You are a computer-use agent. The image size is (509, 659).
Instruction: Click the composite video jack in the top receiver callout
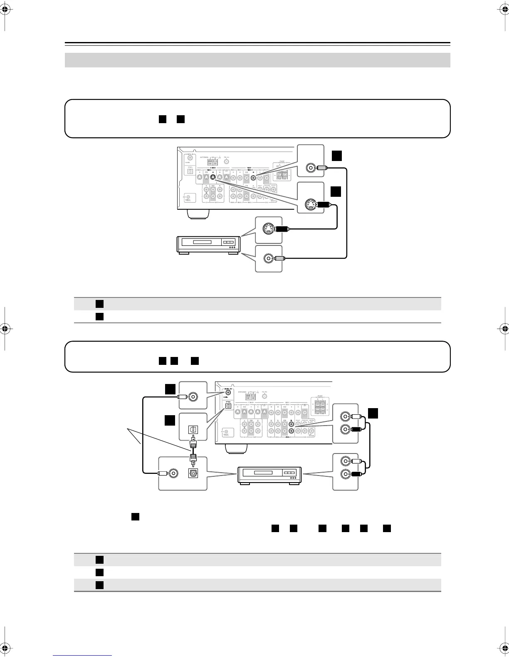coord(310,168)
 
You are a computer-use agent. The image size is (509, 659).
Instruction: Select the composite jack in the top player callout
coord(268,258)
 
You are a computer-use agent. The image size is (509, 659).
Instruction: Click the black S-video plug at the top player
coord(282,228)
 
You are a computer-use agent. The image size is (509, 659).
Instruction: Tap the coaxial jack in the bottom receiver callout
coord(193,397)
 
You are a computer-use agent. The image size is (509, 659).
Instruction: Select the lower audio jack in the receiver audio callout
coord(345,429)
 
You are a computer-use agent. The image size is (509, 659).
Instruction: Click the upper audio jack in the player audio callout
coord(345,461)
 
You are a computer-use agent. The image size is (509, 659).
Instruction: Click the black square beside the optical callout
coord(169,421)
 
